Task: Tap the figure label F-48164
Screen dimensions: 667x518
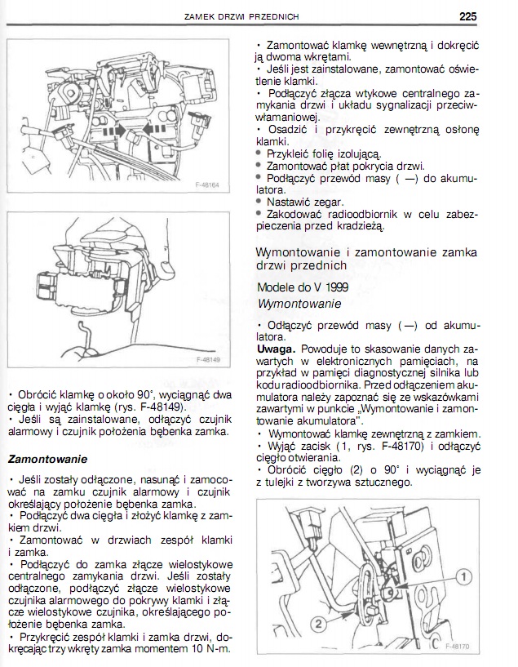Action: coord(210,185)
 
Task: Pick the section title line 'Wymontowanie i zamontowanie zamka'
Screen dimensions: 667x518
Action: coord(367,252)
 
